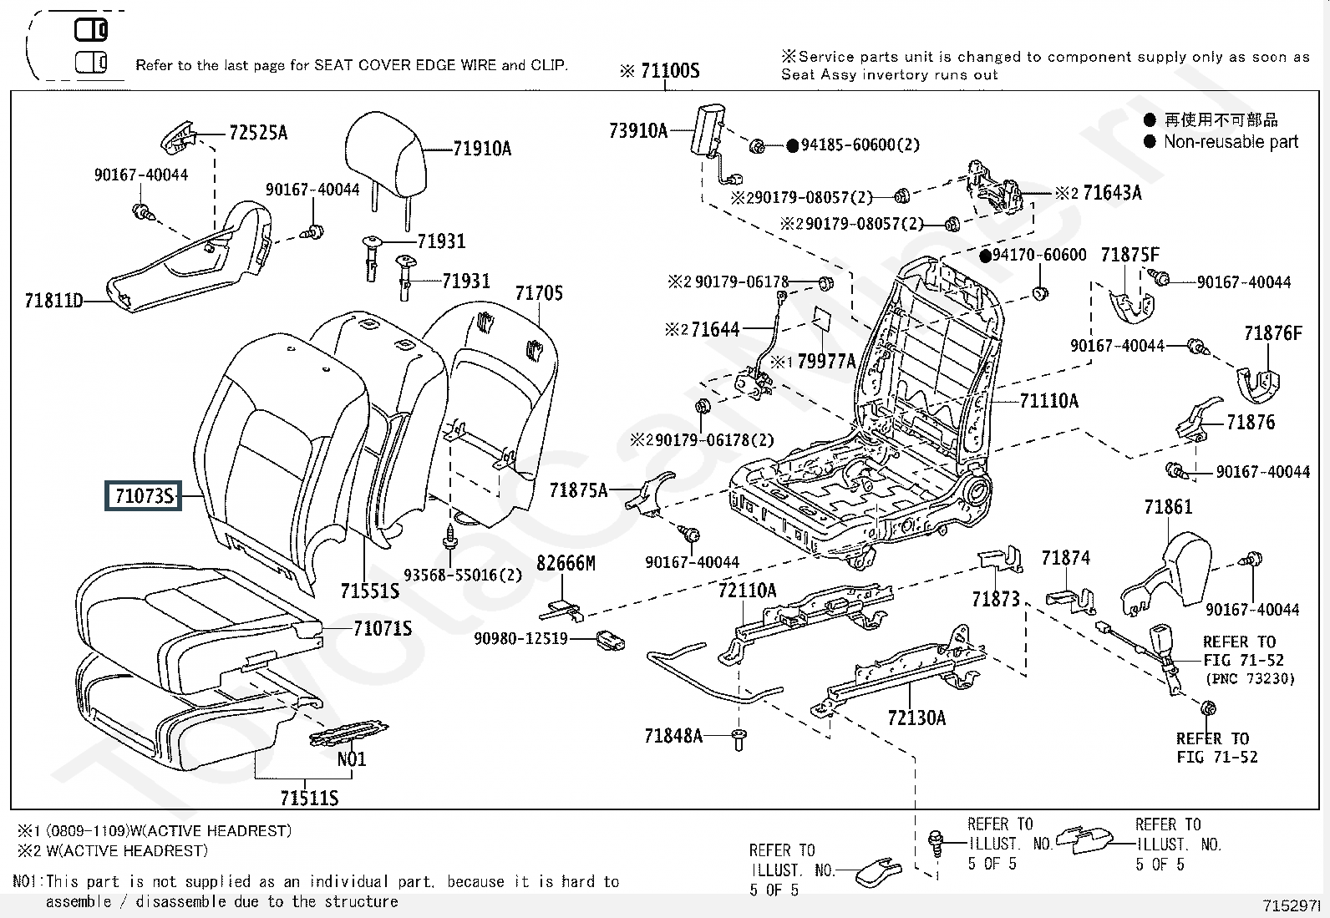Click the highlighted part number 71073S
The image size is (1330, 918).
point(144,496)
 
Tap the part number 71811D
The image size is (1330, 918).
point(53,301)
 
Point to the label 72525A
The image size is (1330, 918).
point(257,133)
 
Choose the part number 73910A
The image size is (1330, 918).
point(638,130)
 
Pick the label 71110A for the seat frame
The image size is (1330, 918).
point(1048,401)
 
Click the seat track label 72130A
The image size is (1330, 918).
point(916,718)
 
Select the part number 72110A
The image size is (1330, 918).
point(747,591)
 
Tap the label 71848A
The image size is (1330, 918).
point(673,736)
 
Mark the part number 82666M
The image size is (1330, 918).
point(566,564)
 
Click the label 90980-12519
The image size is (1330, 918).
point(520,639)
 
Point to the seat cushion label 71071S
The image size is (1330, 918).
point(382,628)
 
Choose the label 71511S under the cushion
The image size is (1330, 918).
point(309,799)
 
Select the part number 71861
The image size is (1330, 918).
point(1168,507)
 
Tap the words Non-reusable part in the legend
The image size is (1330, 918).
point(1231,142)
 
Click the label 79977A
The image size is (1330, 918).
point(826,361)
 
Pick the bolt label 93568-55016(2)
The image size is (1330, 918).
point(462,575)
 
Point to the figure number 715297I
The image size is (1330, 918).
point(1290,905)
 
